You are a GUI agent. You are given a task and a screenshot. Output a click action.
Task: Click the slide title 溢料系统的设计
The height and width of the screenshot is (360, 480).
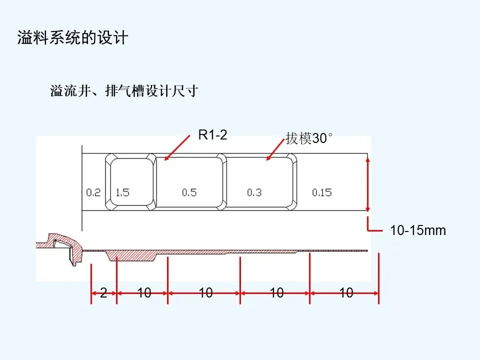pos(72,38)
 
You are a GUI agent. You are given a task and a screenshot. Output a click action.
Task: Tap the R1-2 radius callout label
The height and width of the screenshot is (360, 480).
pos(212,135)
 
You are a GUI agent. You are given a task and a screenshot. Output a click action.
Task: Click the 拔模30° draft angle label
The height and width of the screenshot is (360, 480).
pos(308,138)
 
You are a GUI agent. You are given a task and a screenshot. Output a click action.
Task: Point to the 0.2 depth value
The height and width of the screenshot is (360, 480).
pos(93,192)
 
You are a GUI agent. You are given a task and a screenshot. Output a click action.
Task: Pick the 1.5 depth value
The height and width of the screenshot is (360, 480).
pos(122,192)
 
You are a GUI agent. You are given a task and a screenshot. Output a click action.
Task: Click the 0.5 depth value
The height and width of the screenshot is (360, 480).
pos(189,192)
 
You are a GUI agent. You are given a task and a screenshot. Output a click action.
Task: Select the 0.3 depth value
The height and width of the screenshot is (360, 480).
pos(254,192)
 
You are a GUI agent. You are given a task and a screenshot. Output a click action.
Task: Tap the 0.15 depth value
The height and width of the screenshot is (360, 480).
pos(321,192)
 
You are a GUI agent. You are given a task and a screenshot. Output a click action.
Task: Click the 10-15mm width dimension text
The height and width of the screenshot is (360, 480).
pos(417,231)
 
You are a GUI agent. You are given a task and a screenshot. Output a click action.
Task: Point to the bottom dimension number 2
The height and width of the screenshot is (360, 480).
pos(103,293)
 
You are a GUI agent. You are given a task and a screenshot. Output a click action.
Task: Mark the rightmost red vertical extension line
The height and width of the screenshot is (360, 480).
pos(378,278)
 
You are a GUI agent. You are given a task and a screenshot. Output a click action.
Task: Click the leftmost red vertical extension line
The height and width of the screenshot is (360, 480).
pos(91,283)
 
